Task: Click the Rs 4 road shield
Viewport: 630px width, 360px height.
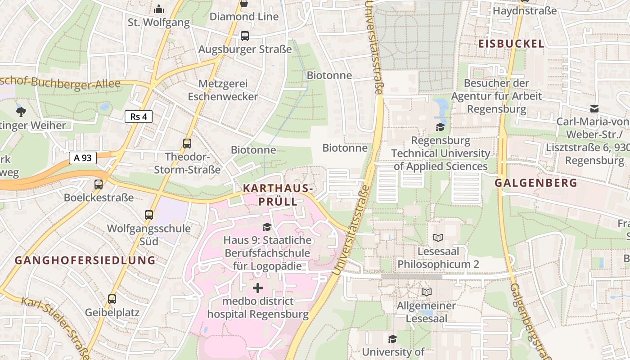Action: (x=139, y=117)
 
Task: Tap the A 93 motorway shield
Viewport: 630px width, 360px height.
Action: (x=83, y=158)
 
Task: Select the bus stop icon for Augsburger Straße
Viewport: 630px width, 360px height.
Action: (x=244, y=36)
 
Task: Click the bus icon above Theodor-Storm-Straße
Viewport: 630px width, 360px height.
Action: (x=187, y=144)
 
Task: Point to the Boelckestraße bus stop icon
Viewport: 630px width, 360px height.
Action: (x=99, y=184)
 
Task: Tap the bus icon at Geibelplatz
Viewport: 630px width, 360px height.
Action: (x=112, y=299)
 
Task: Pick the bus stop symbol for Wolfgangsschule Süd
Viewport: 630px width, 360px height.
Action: (x=149, y=215)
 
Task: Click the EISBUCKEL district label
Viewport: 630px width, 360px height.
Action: (x=511, y=44)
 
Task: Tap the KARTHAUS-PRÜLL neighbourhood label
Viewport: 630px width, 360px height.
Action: (x=278, y=195)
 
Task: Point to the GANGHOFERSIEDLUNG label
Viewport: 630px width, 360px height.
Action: (x=85, y=260)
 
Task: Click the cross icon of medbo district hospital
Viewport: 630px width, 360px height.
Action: (x=258, y=288)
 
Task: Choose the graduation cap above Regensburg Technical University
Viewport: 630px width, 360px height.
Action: (x=440, y=127)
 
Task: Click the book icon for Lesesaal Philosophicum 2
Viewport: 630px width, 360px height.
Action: (x=438, y=237)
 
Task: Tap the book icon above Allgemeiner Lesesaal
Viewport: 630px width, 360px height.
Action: (x=426, y=292)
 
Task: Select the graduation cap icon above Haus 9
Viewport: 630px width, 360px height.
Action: (x=267, y=227)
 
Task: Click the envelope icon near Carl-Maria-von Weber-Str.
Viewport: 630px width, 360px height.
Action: (x=594, y=108)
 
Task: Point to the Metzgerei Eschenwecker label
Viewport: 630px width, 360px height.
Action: (x=223, y=90)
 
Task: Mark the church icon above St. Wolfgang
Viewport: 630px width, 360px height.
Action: (x=158, y=9)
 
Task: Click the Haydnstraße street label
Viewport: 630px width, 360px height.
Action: (x=525, y=10)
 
